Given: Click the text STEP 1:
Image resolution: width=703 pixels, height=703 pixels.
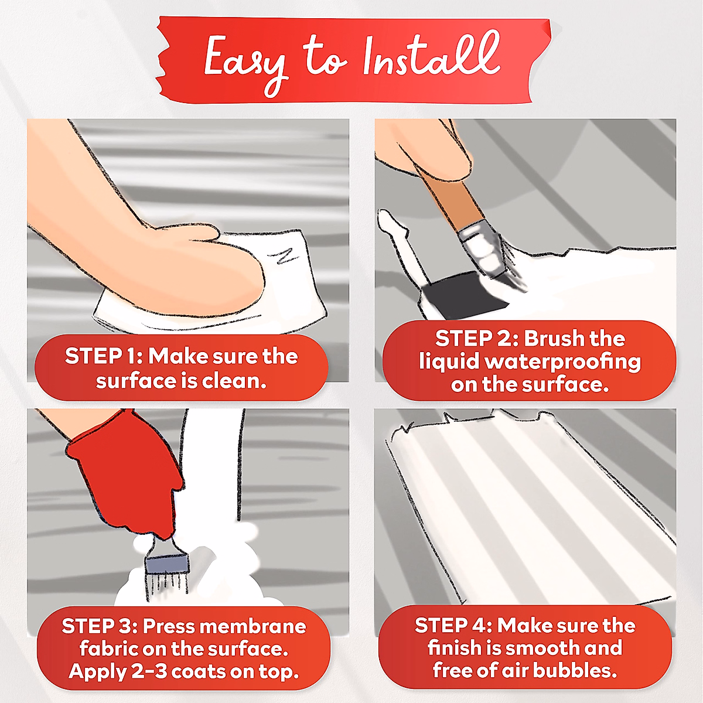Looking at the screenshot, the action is [104, 356].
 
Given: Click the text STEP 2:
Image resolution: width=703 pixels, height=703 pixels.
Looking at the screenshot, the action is [477, 339].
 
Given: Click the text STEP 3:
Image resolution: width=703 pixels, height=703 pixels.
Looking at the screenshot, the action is [100, 626].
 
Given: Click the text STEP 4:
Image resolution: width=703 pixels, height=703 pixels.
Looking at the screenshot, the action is [454, 626].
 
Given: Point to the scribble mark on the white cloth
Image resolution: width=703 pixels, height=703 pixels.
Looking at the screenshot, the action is [283, 255].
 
